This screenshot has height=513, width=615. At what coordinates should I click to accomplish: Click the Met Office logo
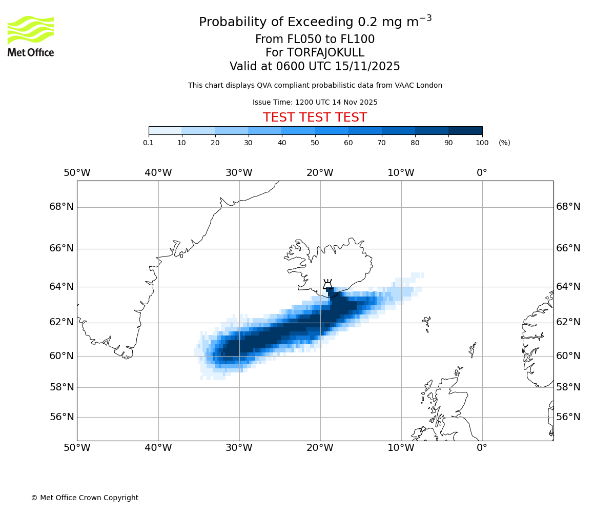pyautogui.click(x=31, y=36)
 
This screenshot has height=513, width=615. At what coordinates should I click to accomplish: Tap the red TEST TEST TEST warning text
pyautogui.click(x=315, y=117)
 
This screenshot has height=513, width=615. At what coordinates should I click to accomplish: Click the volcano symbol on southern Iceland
pyautogui.click(x=327, y=285)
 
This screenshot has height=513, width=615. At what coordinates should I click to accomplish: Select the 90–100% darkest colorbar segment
pyautogui.click(x=465, y=130)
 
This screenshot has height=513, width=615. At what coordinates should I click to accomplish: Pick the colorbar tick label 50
pyautogui.click(x=315, y=143)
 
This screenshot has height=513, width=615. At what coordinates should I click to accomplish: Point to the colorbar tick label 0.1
pyautogui.click(x=149, y=143)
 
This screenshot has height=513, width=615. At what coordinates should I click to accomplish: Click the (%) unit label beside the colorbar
pyautogui.click(x=504, y=143)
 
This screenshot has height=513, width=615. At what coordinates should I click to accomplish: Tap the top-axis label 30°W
pyautogui.click(x=239, y=173)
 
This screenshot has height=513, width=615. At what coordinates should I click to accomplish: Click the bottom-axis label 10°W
pyautogui.click(x=401, y=448)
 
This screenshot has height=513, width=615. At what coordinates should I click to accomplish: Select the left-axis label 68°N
pyautogui.click(x=61, y=207)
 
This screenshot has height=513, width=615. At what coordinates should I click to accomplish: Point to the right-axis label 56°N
pyautogui.click(x=568, y=417)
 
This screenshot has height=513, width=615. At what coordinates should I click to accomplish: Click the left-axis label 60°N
pyautogui.click(x=61, y=356)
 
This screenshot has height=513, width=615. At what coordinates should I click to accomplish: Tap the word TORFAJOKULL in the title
pyautogui.click(x=325, y=53)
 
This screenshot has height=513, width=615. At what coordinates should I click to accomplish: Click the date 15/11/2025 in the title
pyautogui.click(x=367, y=67)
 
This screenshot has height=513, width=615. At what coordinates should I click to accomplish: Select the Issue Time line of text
pyautogui.click(x=315, y=102)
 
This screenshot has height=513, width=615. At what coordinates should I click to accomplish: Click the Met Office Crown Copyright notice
pyautogui.click(x=85, y=498)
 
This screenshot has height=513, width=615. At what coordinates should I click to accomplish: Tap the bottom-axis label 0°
pyautogui.click(x=482, y=448)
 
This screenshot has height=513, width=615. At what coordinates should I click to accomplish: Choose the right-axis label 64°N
pyautogui.click(x=568, y=286)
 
